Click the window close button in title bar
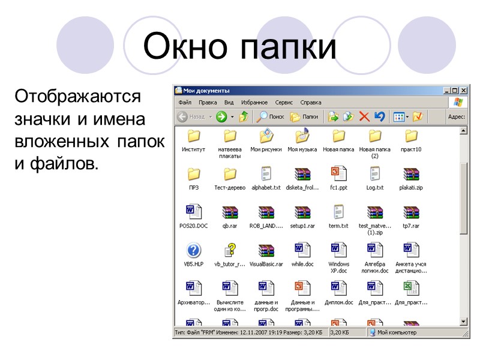tap(463, 91)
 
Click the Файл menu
tap(185, 103)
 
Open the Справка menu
tap(311, 103)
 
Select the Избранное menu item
tap(255, 103)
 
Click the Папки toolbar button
tap(304, 116)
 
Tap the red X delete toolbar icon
tap(364, 116)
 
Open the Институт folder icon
tap(194, 136)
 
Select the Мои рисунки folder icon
tap(266, 136)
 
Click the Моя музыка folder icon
tap(302, 136)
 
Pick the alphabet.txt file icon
tap(266, 174)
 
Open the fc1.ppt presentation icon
tap(338, 174)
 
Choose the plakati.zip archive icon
tap(411, 174)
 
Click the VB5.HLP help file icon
tap(194, 250)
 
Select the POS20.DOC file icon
tap(194, 212)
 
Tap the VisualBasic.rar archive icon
tap(266, 250)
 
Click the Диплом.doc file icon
tap(338, 289)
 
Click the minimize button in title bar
tap(446, 91)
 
